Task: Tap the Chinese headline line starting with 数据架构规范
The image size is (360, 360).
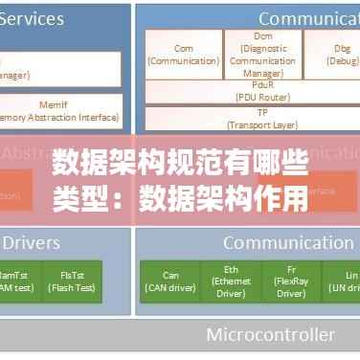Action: point(180,163)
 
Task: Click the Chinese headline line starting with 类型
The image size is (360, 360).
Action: point(180,199)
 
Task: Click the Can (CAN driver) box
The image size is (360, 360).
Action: point(169,281)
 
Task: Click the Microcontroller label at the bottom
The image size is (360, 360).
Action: point(270,335)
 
